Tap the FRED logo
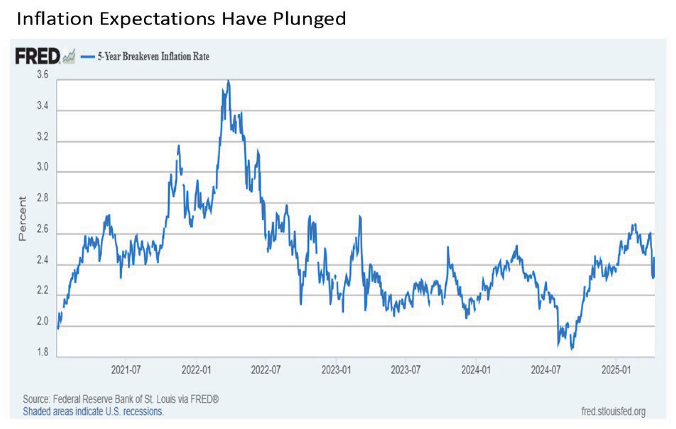[x=38, y=56]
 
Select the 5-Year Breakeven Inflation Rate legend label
[x=153, y=56]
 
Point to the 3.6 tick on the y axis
[x=42, y=75]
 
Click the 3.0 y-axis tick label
[x=42, y=167]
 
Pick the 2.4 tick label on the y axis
[x=42, y=260]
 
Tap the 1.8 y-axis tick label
[x=42, y=352]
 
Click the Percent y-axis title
[x=22, y=218]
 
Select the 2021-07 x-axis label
[x=126, y=370]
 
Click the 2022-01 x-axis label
[x=196, y=370]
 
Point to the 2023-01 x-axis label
[x=336, y=370]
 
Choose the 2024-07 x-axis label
[x=546, y=370]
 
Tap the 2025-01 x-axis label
[x=616, y=370]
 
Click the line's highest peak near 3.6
[x=228, y=81]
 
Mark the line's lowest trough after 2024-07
[x=572, y=349]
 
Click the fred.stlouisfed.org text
[x=613, y=411]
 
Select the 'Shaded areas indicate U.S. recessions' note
[x=93, y=411]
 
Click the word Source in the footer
[x=36, y=399]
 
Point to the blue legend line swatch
[x=88, y=56]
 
